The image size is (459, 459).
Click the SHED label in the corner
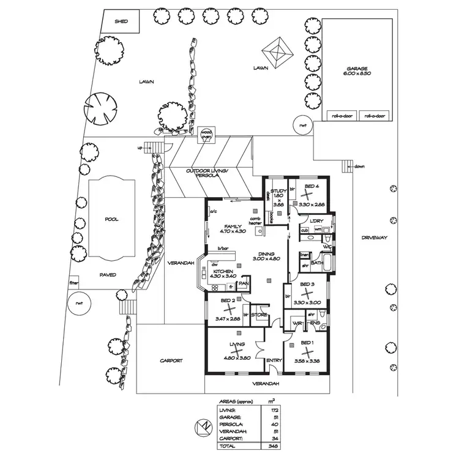pyautogui.click(x=122, y=22)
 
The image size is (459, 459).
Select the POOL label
pyautogui.click(x=111, y=219)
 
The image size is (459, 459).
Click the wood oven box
pyautogui.click(x=207, y=133)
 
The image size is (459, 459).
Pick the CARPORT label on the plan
pyautogui.click(x=171, y=360)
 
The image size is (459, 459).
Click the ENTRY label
pyautogui.click(x=275, y=360)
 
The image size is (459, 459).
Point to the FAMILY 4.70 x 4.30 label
pyautogui.click(x=234, y=229)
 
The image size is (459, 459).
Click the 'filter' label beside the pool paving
pyautogui.click(x=74, y=283)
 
